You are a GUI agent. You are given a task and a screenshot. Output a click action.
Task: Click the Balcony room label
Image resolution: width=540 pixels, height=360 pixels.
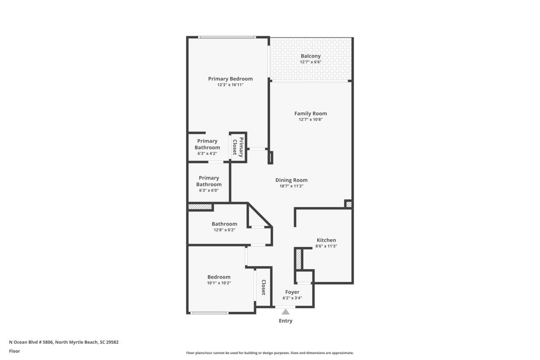pos(310,56)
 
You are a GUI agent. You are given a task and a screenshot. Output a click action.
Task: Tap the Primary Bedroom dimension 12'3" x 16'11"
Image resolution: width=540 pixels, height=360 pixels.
pos(230,85)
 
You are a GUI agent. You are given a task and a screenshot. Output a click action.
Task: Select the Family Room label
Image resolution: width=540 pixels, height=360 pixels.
pos(310,114)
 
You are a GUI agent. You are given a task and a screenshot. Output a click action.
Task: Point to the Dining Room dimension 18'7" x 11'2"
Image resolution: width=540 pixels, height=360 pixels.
pos(291,186)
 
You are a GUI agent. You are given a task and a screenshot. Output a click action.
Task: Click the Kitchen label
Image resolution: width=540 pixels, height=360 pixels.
pos(326,240)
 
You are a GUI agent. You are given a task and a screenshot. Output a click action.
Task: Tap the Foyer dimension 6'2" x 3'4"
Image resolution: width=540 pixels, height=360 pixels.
pos(292,298)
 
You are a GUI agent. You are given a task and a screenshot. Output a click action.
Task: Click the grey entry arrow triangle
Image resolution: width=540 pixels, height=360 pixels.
pos(286,312)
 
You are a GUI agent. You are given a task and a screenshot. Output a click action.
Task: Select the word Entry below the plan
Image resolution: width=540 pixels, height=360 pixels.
pos(286,321)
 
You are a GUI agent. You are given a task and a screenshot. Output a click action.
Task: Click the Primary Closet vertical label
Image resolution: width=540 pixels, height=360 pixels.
pos(238,147)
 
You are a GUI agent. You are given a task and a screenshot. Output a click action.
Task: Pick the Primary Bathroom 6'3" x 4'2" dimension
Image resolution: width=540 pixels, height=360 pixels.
pos(207,154)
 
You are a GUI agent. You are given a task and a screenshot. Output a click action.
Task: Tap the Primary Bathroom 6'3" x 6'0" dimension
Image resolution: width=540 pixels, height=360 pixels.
pos(209,190)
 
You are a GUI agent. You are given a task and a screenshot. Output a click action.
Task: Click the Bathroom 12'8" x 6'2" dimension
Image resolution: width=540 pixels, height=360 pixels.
pos(224,230)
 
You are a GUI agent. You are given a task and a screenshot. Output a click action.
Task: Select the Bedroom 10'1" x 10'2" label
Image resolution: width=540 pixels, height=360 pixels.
pos(219,277)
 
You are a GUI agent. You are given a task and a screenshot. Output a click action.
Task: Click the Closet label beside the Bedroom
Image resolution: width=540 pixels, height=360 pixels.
pos(263,287)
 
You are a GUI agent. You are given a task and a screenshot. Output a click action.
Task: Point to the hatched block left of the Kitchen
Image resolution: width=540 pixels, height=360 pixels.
pos(298,259)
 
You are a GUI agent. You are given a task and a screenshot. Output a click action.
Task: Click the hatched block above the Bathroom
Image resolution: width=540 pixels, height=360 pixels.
pos(200,207)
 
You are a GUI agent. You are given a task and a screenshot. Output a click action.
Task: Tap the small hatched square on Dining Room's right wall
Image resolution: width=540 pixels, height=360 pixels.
pos(348,204)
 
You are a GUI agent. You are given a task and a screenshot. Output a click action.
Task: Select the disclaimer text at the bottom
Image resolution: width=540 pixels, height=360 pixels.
pos(270,353)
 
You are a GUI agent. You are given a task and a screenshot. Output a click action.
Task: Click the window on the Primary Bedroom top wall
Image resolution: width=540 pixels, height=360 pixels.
pos(227,38)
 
